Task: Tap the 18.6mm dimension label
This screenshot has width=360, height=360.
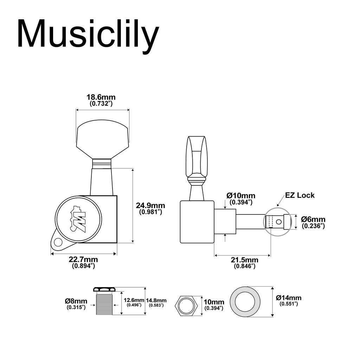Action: (x=101, y=97)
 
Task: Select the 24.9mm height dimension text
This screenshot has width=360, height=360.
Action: (x=150, y=206)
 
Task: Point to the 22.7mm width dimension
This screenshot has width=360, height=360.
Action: (x=83, y=260)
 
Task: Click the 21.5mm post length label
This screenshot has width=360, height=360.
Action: (x=245, y=260)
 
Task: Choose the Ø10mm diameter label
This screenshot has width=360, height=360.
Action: (x=241, y=195)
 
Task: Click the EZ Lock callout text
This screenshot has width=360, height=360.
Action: (x=300, y=195)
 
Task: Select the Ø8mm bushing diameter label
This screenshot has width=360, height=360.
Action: (x=76, y=301)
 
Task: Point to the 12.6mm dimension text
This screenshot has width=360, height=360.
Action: (x=134, y=300)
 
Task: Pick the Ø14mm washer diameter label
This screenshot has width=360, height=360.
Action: (x=289, y=298)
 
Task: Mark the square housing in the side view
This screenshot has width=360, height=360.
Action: (x=197, y=221)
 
